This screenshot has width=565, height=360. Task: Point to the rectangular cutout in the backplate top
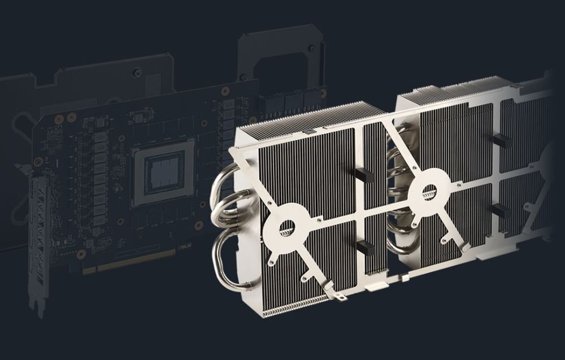277,57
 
